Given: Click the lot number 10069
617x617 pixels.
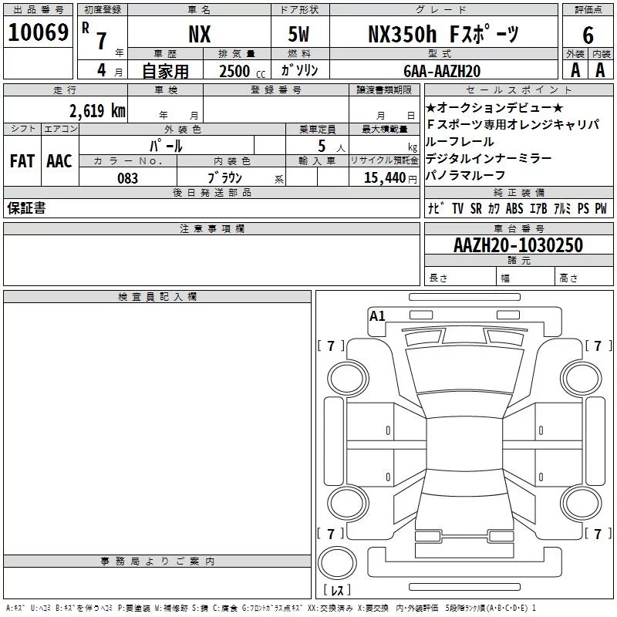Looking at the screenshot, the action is tap(38, 32).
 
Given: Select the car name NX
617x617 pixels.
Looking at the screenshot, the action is tap(200, 34).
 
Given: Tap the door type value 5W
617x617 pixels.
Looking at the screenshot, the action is tap(298, 34).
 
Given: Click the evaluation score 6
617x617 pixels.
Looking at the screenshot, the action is tap(588, 35).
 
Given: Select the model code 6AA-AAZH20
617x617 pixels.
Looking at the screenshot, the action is tap(442, 71).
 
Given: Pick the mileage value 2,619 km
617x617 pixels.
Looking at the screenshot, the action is tap(97, 110).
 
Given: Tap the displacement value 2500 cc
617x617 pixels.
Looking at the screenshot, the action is tap(242, 71).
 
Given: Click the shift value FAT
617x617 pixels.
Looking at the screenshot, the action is tap(22, 161).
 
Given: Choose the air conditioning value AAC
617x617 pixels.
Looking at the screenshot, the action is tap(59, 161).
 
